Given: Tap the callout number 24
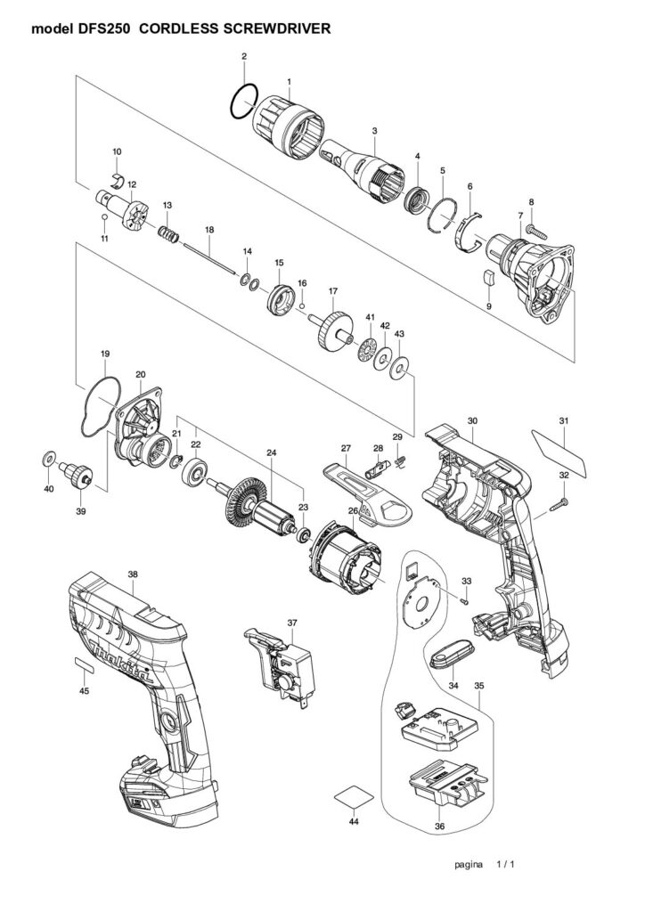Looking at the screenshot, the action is (x=271, y=452).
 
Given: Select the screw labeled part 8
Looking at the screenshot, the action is (x=539, y=231).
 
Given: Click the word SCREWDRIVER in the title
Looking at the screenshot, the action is (x=278, y=28).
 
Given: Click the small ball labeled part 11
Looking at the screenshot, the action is (x=104, y=217).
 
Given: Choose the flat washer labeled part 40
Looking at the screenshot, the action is (x=49, y=459).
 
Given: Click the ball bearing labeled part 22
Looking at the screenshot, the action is (x=193, y=471).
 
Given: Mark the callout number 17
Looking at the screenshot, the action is (x=332, y=290).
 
